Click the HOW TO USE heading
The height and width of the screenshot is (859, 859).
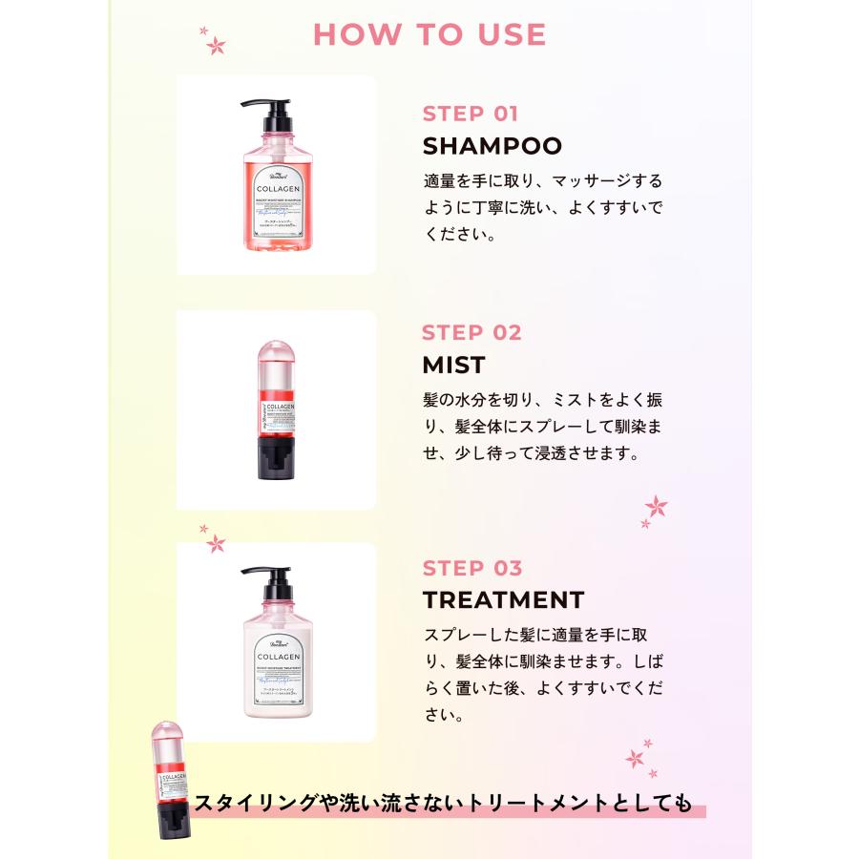pyautogui.click(x=429, y=34)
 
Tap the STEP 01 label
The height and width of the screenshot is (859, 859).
pyautogui.click(x=470, y=114)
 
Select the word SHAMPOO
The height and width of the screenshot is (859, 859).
pyautogui.click(x=492, y=146)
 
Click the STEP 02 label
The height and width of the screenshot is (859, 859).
pyautogui.click(x=471, y=332)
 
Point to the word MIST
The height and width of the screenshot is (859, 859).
pyautogui.click(x=453, y=365)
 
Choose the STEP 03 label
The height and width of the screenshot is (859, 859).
pyautogui.click(x=471, y=568)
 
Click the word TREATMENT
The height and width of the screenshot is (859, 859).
pyautogui.click(x=503, y=600)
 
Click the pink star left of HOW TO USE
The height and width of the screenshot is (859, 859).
pyautogui.click(x=216, y=44)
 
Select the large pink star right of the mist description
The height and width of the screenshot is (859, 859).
pyautogui.click(x=656, y=506)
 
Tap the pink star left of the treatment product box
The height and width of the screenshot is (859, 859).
pyautogui.click(x=216, y=543)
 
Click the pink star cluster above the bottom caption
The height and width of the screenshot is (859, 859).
pyautogui.click(x=638, y=758)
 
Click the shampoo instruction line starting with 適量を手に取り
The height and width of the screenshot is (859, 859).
pyautogui.click(x=542, y=180)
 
